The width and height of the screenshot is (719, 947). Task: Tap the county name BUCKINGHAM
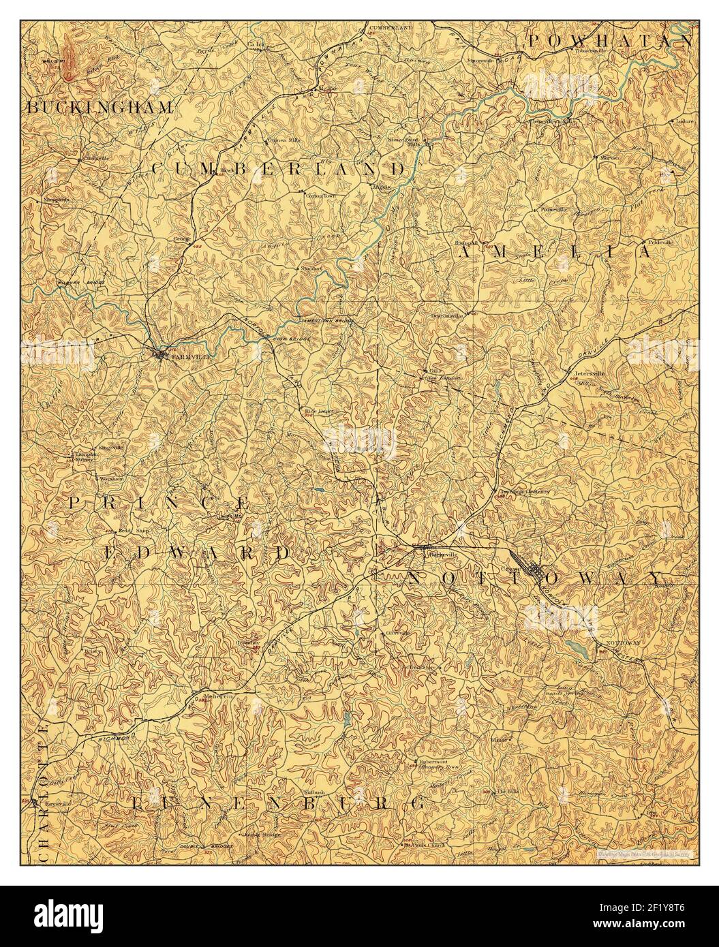tap(100, 107)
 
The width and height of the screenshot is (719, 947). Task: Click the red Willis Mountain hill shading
tap(71, 58)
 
